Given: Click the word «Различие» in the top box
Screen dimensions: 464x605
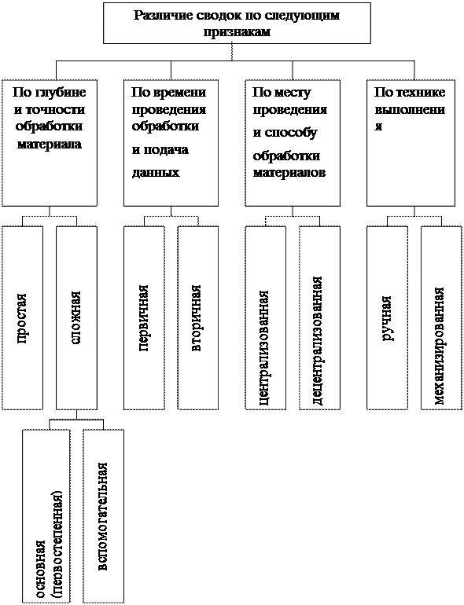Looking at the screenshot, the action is [x=162, y=16].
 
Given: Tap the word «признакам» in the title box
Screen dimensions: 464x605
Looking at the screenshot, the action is [x=237, y=32].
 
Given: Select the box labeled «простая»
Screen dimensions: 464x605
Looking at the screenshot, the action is [x=22, y=318].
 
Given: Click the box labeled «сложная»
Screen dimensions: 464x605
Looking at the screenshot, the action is [x=76, y=318].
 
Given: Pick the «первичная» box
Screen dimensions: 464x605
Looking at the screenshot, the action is [x=144, y=318].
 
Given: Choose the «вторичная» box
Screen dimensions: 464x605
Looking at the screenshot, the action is [x=198, y=318].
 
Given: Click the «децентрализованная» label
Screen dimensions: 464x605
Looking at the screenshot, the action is [x=317, y=340].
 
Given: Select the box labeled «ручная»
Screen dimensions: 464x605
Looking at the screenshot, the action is [x=387, y=318].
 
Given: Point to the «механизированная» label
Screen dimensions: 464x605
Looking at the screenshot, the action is [x=440, y=346].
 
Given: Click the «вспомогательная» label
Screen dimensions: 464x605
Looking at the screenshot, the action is [x=102, y=516].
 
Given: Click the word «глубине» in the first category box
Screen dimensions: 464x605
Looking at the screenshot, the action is [x=61, y=93].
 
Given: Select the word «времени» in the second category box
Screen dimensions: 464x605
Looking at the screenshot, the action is [x=180, y=93].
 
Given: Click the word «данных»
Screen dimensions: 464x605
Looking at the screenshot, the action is [x=156, y=172].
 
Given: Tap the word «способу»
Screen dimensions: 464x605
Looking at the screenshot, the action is [x=290, y=132].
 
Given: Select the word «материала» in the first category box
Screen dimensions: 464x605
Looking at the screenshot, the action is [x=50, y=145].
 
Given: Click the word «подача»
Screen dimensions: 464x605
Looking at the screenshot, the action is [x=166, y=150].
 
